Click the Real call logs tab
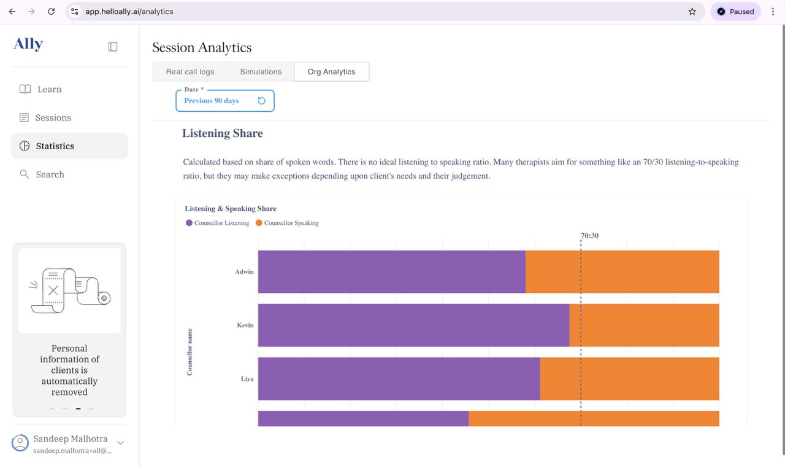pos(190,72)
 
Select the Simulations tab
pos(261,72)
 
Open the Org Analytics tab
pos(331,72)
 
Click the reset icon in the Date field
pos(261,101)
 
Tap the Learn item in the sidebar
pos(49,89)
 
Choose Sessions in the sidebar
pos(53,117)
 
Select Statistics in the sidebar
pos(55,146)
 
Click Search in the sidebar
pos(50,174)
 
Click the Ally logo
pos(28,44)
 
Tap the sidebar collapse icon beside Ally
pos(113,47)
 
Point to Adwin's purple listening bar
pos(391,271)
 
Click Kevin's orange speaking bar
pos(644,325)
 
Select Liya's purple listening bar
pos(399,378)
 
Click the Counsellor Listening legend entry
pos(218,223)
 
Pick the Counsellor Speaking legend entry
pos(288,223)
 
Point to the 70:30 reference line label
pos(589,235)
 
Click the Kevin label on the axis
pos(245,325)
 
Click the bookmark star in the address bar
pos(692,11)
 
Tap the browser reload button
pos(52,11)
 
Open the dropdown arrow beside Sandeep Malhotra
pos(120,443)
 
